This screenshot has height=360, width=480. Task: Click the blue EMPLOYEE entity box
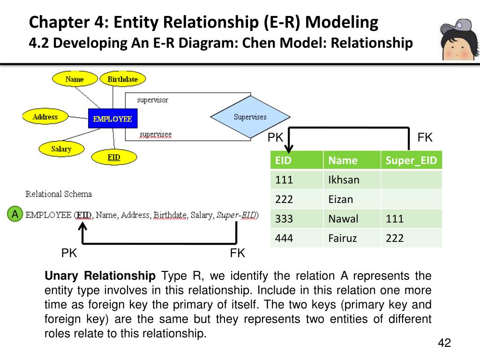tap(112, 119)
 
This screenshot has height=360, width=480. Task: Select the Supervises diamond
tap(250, 117)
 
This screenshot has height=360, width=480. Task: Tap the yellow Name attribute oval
tap(74, 79)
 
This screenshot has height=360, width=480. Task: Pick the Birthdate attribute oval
tap(122, 79)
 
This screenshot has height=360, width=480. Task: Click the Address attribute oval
tap(45, 117)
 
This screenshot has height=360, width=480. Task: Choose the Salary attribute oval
tap(61, 149)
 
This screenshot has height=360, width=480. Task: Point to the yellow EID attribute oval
tap(113, 157)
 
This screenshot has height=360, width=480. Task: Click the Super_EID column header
tap(411, 161)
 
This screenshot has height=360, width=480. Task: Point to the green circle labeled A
tap(15, 215)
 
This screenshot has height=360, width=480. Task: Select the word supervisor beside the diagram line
tap(152, 100)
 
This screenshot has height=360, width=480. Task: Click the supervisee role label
tap(156, 135)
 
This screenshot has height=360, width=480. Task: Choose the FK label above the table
tap(425, 138)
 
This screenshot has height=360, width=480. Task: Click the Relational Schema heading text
tap(59, 194)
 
